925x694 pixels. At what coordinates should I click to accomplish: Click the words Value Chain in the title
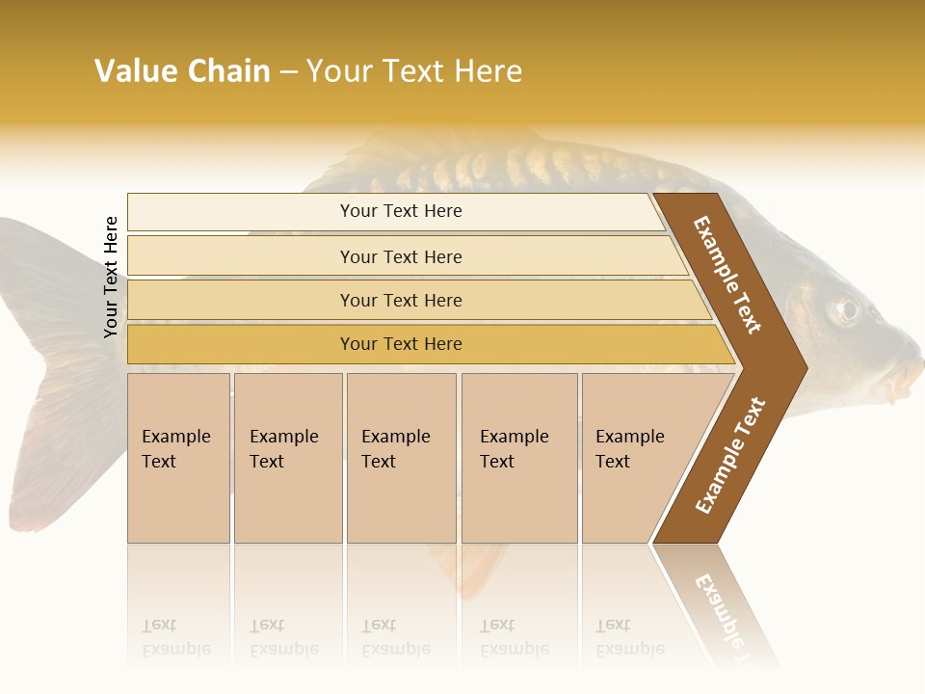[182, 71]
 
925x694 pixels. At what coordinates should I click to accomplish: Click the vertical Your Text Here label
[111, 277]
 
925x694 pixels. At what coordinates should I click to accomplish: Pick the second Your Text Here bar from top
[401, 256]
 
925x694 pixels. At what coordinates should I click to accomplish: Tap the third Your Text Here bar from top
[401, 300]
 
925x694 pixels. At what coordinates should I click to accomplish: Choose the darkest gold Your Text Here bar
[401, 344]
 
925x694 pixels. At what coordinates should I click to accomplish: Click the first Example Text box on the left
[178, 458]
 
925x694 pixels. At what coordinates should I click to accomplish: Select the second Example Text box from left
[287, 458]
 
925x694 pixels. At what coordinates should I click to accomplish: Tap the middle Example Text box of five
[401, 458]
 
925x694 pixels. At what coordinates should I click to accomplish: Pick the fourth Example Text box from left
[518, 458]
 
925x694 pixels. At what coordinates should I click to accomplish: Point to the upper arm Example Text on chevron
[728, 275]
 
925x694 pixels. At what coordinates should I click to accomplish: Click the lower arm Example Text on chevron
[729, 456]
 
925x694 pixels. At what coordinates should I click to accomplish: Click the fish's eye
[846, 309]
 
